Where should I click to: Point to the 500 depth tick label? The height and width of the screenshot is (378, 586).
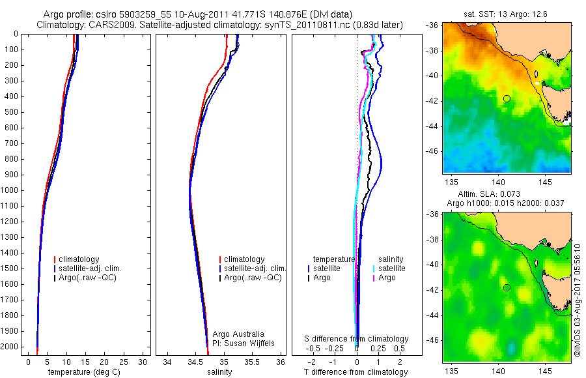point(10,112)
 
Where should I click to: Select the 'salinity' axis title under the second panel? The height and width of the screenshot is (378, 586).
point(219,372)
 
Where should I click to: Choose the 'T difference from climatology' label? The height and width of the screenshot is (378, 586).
point(356,372)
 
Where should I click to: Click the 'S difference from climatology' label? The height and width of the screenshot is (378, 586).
point(356,339)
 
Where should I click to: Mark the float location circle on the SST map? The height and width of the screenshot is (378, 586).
point(507,98)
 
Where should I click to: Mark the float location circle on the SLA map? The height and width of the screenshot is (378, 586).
point(507,287)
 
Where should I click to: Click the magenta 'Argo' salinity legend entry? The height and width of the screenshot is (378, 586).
point(387,278)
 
